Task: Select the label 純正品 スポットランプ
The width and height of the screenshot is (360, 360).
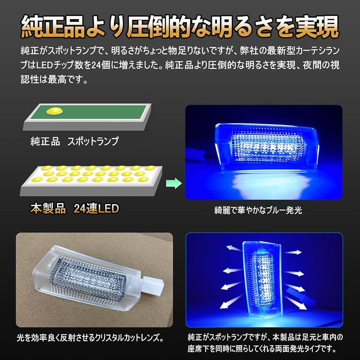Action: point(74,141)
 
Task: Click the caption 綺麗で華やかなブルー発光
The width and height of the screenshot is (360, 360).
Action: point(258,210)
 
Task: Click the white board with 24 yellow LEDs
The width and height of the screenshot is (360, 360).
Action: point(93,177)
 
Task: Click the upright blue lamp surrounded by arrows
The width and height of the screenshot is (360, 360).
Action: point(262,278)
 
